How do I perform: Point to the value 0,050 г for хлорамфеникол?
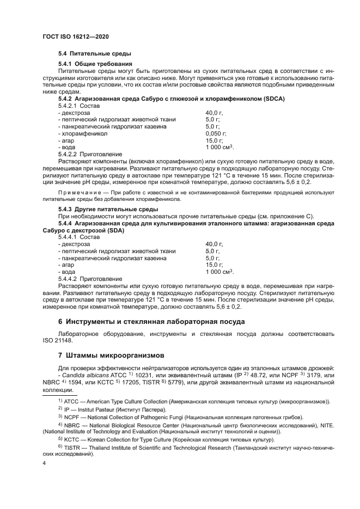216,133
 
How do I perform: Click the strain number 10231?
144,375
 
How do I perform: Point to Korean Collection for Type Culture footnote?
129,439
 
